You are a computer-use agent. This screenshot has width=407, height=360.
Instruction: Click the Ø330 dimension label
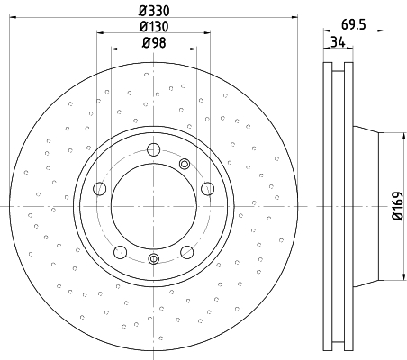tap(154, 11)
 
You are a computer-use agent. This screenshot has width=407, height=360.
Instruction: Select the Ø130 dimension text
tap(154, 27)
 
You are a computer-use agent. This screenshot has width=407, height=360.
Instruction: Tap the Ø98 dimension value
tap(154, 42)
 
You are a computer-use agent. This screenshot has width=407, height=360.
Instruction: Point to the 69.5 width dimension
tap(354, 24)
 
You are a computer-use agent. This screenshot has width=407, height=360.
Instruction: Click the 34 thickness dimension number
tap(338, 41)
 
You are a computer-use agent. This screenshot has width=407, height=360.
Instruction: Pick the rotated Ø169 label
tap(397, 206)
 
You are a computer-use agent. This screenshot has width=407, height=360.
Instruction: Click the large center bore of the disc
tap(154, 206)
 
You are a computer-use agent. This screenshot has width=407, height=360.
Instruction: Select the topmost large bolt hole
tap(154, 149)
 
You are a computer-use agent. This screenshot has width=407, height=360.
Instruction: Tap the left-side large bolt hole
tap(100, 189)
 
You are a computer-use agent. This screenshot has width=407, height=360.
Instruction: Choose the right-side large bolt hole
tap(208, 189)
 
